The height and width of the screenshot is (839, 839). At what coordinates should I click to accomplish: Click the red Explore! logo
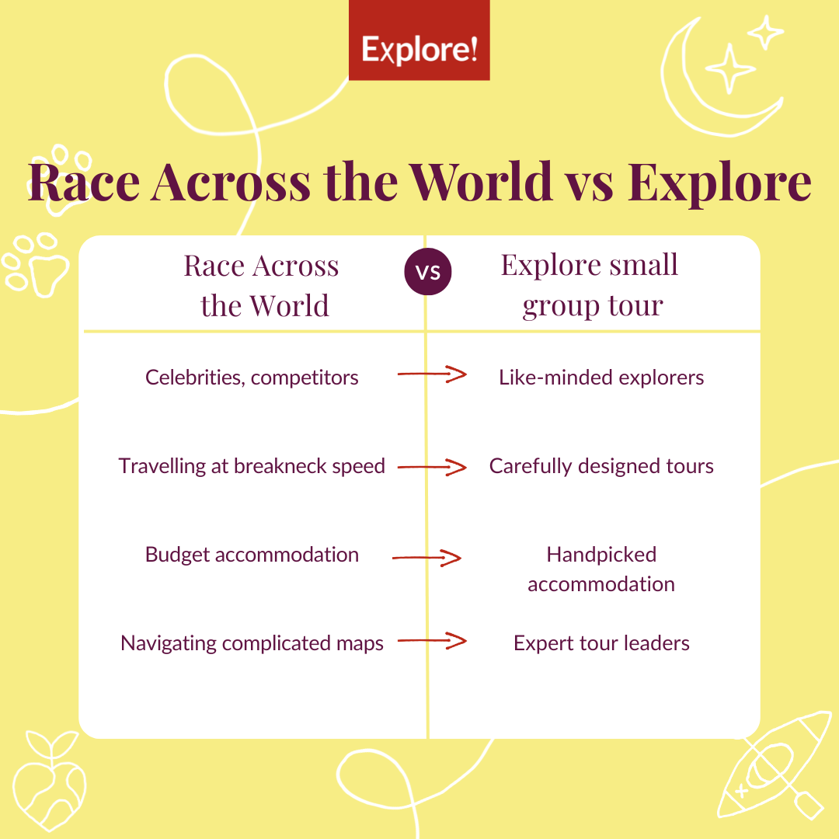[x=419, y=40]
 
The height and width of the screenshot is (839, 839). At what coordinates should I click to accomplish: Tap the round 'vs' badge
[x=428, y=273]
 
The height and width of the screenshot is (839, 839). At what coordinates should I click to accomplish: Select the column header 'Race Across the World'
[x=262, y=285]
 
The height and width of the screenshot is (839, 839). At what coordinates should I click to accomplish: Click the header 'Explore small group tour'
[x=591, y=285]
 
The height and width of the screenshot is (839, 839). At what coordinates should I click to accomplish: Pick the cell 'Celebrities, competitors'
[x=252, y=378]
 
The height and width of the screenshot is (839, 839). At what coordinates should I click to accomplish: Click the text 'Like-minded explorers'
[x=601, y=378]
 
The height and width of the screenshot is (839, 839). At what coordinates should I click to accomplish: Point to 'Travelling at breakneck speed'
[x=252, y=466]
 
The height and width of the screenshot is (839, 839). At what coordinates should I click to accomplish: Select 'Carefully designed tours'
[x=601, y=466]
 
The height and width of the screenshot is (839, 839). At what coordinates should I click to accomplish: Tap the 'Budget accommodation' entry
[x=252, y=555]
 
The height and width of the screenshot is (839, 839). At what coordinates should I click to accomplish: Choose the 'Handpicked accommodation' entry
[x=601, y=569]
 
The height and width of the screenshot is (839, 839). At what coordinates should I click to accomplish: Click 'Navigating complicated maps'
[x=252, y=643]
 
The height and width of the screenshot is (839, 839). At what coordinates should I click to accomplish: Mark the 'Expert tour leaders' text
[x=601, y=643]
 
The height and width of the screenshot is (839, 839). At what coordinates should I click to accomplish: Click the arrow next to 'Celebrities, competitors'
[x=432, y=374]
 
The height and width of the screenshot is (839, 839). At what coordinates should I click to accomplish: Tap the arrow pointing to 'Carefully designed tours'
[x=432, y=467]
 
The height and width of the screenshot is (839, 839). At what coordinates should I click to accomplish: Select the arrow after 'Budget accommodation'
[x=427, y=558]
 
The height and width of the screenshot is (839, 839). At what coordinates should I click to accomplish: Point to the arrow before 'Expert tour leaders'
[x=432, y=641]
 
